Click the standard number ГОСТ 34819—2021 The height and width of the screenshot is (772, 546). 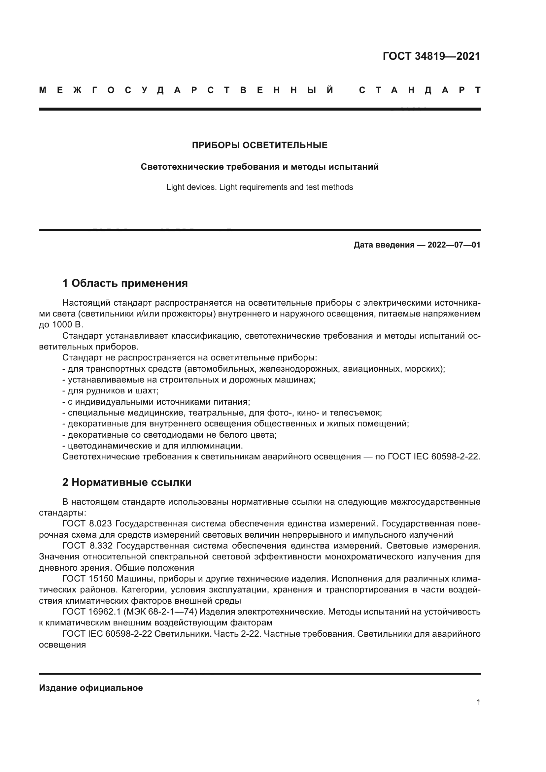click(431, 56)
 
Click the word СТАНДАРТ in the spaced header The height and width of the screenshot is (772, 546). click(420, 90)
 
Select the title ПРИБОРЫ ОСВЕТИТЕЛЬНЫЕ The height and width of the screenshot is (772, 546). click(259, 145)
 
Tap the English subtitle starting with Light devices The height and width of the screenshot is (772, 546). click(259, 187)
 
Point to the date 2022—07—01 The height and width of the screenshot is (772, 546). click(454, 245)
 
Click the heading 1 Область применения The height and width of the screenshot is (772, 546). click(125, 283)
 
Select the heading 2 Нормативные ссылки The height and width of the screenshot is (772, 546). click(127, 482)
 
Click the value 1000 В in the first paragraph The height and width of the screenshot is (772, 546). click(67, 325)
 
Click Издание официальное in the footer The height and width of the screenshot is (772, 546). click(91, 688)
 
